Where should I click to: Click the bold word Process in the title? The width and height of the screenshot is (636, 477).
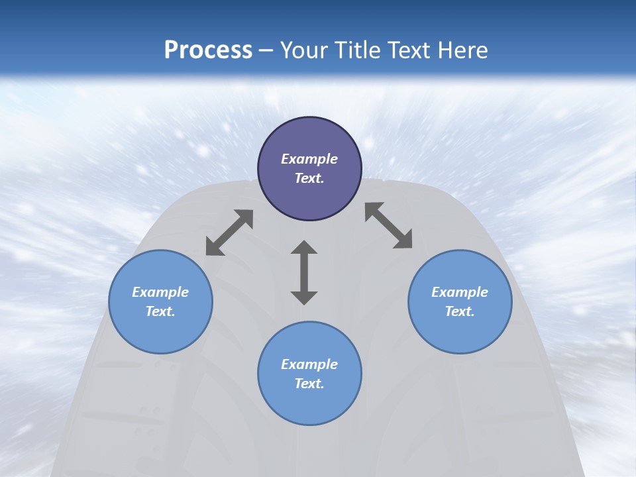tap(208, 50)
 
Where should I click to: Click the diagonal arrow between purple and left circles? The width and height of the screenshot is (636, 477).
tap(229, 233)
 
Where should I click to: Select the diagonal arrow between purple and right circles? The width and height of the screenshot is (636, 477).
tap(389, 225)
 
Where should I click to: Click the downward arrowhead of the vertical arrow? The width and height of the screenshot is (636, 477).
tap(304, 297)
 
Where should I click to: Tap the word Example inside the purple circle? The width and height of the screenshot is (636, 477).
tap(309, 159)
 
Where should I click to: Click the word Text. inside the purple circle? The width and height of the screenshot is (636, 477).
tap(309, 178)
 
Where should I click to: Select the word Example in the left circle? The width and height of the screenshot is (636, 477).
tap(160, 292)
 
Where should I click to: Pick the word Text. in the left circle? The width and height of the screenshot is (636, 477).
tap(160, 311)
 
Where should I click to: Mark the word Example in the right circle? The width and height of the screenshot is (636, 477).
tap(460, 292)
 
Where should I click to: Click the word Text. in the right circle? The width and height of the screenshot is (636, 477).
tap(460, 311)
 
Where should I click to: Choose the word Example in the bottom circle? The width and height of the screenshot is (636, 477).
tap(309, 364)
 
